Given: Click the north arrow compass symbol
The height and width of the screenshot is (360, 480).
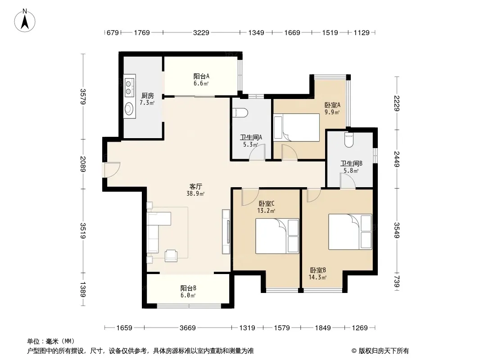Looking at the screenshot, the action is pyautogui.click(x=25, y=20).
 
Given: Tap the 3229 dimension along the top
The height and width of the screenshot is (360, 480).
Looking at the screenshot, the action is pyautogui.click(x=201, y=32).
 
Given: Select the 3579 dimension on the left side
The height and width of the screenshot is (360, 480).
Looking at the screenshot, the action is pyautogui.click(x=83, y=96).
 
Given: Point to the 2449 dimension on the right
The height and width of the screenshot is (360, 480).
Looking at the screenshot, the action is pyautogui.click(x=397, y=159).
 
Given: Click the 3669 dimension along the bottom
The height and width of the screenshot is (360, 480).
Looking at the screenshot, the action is pyautogui.click(x=188, y=328).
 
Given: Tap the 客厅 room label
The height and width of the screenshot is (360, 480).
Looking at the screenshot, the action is pyautogui.click(x=195, y=186).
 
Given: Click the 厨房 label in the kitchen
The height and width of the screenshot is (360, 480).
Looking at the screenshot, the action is pyautogui.click(x=148, y=96).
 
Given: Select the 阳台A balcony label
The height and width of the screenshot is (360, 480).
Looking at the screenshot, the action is pyautogui.click(x=201, y=76).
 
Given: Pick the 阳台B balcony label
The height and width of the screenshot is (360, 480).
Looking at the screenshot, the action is pyautogui.click(x=188, y=288).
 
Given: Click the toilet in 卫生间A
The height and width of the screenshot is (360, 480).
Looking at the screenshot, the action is pyautogui.click(x=240, y=113).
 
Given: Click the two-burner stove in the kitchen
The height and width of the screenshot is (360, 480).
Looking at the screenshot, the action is pyautogui.click(x=130, y=87).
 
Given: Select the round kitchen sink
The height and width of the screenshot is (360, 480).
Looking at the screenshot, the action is pyautogui.click(x=129, y=108).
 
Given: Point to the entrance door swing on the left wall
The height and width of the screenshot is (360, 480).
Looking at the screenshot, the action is pyautogui.click(x=112, y=170).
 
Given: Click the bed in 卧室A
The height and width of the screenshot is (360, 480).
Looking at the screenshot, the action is pyautogui.click(x=297, y=127).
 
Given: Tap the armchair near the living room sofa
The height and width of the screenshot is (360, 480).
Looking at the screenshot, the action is pyautogui.click(x=171, y=256).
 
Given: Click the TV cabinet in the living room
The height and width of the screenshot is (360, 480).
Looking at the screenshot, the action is pyautogui.click(x=226, y=232).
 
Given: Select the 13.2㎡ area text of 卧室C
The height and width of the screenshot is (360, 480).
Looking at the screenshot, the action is pyautogui.click(x=266, y=211).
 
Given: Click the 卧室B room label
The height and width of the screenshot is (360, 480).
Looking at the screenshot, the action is pyautogui.click(x=318, y=270).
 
